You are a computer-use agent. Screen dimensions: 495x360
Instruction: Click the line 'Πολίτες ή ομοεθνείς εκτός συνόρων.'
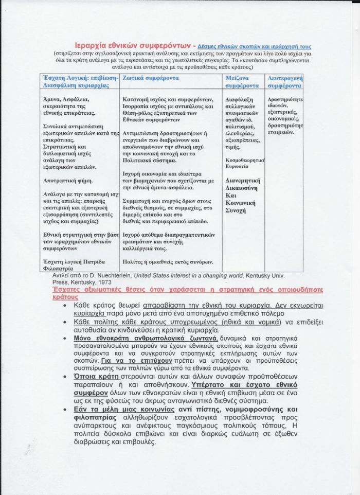coord(168,261)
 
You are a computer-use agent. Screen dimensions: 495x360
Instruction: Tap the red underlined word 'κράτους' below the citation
coord(65,297)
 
